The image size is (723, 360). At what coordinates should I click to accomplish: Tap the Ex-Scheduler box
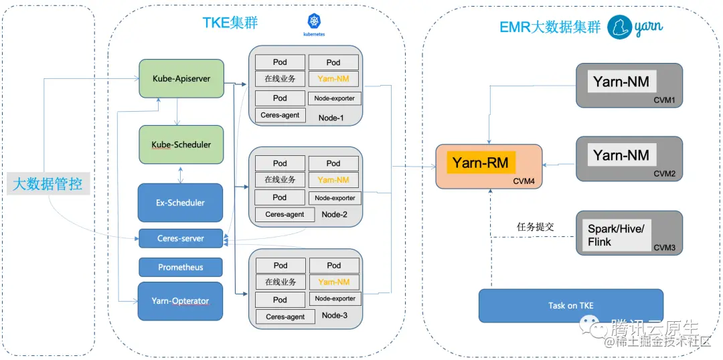pos(180,202)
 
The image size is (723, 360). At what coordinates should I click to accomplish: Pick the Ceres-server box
pos(181,238)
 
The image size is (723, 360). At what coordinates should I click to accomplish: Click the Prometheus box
pos(181,267)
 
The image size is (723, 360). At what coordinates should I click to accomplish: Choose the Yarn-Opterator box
pos(181,301)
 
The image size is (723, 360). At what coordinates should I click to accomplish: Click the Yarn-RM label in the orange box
pos(480,163)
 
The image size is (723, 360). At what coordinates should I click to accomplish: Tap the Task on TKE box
pos(570,306)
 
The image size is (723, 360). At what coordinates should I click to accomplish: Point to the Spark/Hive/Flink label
pos(616,235)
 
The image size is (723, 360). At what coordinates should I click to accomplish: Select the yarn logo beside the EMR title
pos(635,27)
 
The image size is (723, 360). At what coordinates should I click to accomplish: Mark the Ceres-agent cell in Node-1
pos(280,115)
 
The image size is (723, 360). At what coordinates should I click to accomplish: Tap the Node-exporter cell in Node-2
pos(335,198)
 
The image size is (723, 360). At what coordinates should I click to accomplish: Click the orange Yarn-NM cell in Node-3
pos(333,282)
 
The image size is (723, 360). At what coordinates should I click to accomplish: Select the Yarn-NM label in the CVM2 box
pos(621,155)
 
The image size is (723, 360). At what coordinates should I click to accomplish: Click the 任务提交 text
pos(536,227)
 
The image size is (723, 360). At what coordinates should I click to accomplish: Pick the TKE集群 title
pos(230,23)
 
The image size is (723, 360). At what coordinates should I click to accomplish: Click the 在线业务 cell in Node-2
pos(280,180)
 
